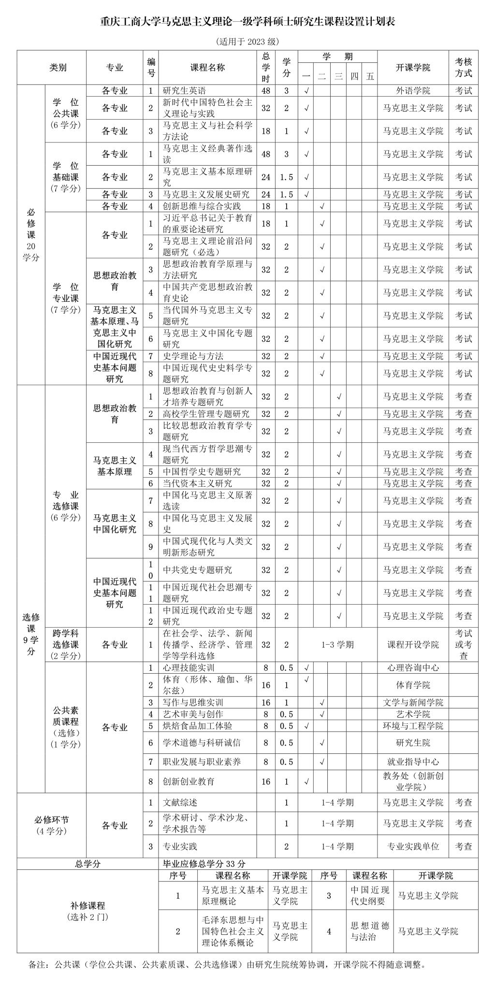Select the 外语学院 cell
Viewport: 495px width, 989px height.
coord(413,90)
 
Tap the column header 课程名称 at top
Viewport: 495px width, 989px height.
coord(207,68)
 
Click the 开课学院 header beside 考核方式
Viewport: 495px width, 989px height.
coord(413,68)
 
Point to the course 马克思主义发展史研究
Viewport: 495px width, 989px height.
coord(206,194)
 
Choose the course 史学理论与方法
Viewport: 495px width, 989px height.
coord(193,356)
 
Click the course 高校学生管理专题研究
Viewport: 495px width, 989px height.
coord(206,414)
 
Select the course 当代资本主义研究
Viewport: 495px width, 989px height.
coord(198,483)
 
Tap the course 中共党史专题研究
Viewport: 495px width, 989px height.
coord(198,570)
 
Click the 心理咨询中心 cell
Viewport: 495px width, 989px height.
coord(413,667)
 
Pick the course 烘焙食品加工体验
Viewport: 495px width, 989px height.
coord(198,725)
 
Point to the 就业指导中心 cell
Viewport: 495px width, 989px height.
coord(413,762)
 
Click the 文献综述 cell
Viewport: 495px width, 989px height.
coord(180,803)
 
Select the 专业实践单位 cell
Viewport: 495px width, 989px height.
coord(413,846)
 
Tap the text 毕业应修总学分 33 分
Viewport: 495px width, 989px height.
coord(204,863)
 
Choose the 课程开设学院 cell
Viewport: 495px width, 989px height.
coord(413,644)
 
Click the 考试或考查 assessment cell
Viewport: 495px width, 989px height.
coord(464,644)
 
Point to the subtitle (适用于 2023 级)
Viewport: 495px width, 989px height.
coord(247,42)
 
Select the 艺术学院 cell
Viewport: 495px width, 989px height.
coord(413,714)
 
